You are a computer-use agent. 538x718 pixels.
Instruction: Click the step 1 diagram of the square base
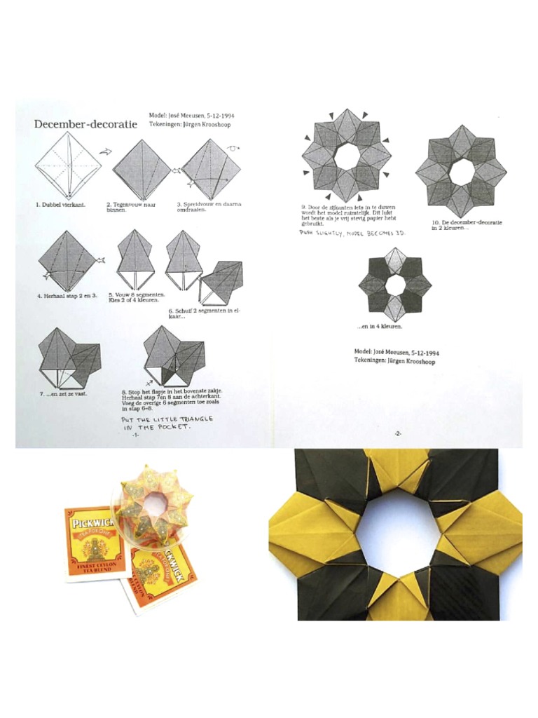[68, 167]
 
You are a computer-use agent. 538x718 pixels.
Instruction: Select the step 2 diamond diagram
[142, 170]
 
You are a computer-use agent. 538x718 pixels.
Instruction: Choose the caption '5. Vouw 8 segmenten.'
[137, 295]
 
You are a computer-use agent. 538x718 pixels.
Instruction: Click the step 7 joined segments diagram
[69, 359]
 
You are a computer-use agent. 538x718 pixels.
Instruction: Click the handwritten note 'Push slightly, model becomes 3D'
[352, 232]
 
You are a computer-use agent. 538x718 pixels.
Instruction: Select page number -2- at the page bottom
[397, 433]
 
